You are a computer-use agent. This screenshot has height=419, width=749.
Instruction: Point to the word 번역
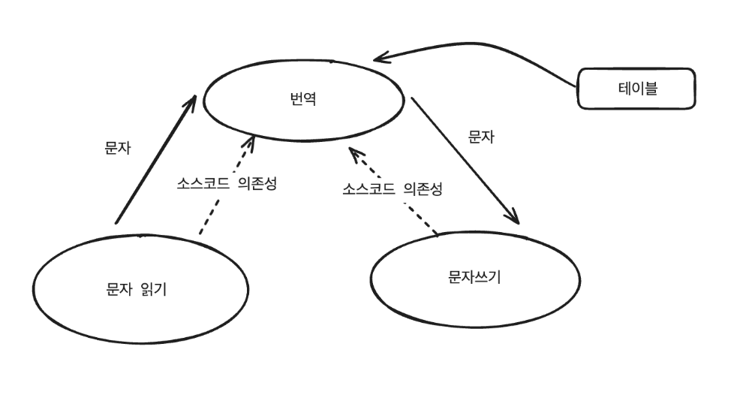point(303,98)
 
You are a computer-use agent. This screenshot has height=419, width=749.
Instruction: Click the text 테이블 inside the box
point(636,89)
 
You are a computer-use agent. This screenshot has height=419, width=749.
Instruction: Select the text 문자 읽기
point(136,288)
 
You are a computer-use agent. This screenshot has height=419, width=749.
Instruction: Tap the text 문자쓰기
point(474,277)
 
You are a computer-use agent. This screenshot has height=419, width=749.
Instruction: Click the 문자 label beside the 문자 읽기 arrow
point(118,148)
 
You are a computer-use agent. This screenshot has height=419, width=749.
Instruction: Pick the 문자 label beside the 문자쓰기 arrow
point(481,137)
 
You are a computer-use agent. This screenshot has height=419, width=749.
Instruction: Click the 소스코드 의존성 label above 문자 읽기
point(227,183)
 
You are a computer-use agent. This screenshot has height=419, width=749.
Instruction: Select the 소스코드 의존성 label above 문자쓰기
point(393,188)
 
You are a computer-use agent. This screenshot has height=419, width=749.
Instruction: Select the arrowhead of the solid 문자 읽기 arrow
point(191,101)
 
